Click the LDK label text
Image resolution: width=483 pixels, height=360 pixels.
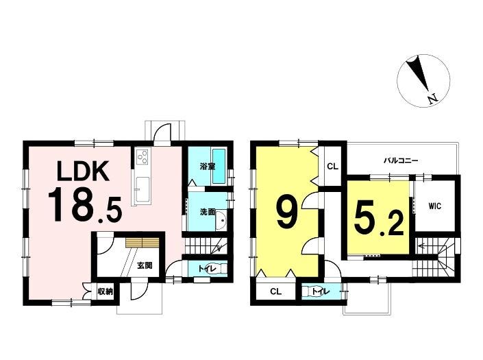coord(83,171)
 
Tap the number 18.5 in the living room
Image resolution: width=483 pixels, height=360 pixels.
coord(85,206)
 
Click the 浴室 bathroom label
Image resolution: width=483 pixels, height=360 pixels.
coord(207,167)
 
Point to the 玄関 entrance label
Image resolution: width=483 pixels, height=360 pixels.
coord(145,265)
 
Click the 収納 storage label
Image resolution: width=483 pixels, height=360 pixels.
coord(106,291)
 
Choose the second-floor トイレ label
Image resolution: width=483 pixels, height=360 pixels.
coord(321,291)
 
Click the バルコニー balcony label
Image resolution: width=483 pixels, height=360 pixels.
coord(401,160)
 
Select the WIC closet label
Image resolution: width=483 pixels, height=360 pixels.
coord(434,206)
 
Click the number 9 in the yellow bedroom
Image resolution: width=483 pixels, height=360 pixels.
coord(286,213)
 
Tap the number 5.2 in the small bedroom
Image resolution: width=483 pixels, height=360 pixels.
coord(379,219)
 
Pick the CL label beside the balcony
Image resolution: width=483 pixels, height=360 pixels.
coord(333,167)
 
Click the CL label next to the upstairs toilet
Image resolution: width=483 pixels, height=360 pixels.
coord(275,291)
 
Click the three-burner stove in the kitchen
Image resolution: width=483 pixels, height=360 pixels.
coord(143,156)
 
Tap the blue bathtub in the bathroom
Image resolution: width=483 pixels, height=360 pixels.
coord(219,166)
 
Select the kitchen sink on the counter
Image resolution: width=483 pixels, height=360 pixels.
coord(142,189)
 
